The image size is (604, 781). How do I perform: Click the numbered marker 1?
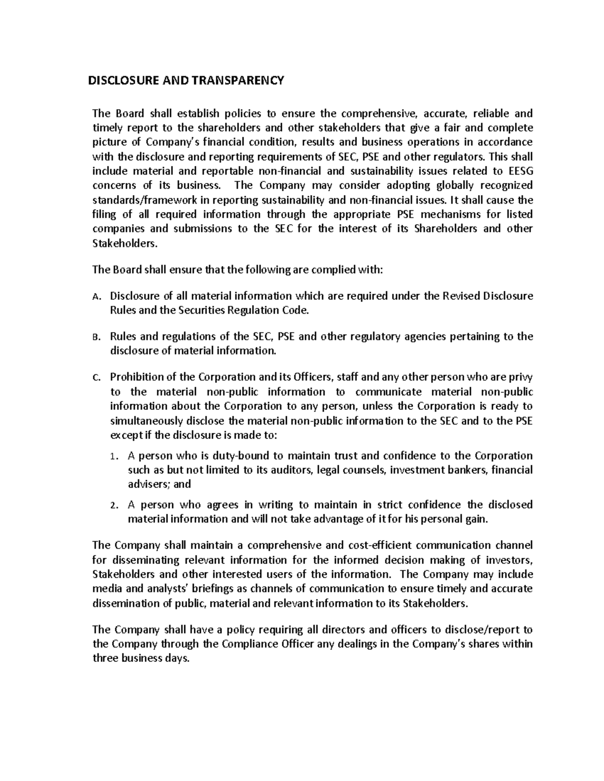point(114,457)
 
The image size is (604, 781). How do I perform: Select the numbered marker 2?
point(114,506)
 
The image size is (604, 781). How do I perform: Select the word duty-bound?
point(243,456)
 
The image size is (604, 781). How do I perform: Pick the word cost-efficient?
point(372,545)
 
